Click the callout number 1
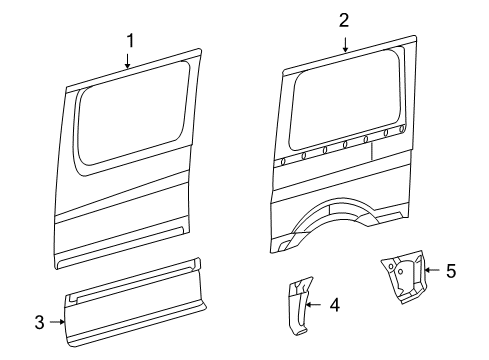(x=129, y=40)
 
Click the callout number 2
(x=344, y=19)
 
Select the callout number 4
(x=334, y=305)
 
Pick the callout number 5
(x=450, y=270)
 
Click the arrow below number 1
(x=129, y=62)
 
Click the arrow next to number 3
(x=59, y=321)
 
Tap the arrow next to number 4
(x=314, y=305)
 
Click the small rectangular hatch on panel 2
(x=383, y=151)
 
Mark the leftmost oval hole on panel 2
(x=285, y=160)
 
